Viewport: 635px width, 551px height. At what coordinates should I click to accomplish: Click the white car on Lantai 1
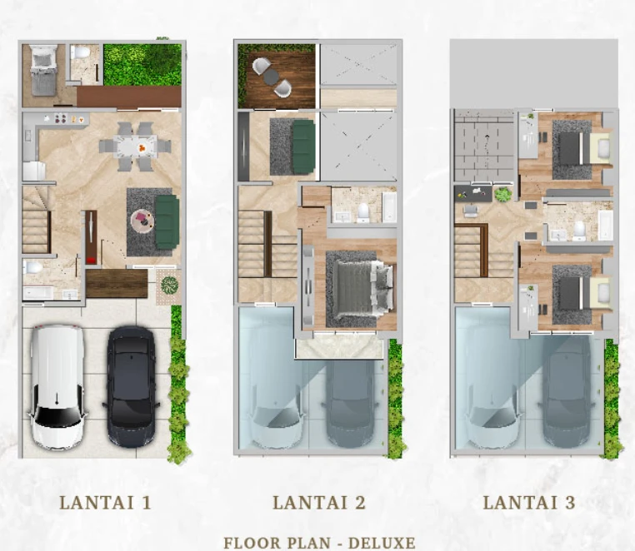[x=57, y=387]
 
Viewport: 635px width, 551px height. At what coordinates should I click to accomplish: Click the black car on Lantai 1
[x=130, y=386]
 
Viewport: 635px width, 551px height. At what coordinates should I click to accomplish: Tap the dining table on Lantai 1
[x=135, y=146]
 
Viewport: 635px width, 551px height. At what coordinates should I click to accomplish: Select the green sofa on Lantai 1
[x=167, y=222]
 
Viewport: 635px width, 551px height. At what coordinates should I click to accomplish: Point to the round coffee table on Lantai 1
[x=142, y=219]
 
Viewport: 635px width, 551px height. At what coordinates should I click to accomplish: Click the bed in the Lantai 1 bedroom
[x=44, y=71]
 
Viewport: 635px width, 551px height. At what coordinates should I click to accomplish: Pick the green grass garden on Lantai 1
[x=142, y=65]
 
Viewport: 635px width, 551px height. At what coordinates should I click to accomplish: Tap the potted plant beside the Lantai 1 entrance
[x=170, y=285]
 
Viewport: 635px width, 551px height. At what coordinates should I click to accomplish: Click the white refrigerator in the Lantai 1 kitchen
[x=33, y=171]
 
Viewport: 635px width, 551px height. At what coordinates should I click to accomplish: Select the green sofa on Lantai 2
[x=303, y=147]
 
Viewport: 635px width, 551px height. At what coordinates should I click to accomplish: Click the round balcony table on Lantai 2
[x=271, y=76]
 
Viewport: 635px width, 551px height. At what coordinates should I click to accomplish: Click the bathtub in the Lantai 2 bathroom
[x=389, y=207]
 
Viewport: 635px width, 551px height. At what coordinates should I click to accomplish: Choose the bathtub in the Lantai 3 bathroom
[x=606, y=225]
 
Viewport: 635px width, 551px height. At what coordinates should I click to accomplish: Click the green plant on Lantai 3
[x=502, y=195]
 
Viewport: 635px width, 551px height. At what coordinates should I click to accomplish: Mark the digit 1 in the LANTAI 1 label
[x=146, y=503]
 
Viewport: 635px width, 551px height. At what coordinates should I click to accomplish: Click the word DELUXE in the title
[x=382, y=543]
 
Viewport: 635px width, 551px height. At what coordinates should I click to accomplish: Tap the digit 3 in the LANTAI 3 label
[x=570, y=503]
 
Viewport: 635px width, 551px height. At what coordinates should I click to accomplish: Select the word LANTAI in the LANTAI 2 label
[x=310, y=503]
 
